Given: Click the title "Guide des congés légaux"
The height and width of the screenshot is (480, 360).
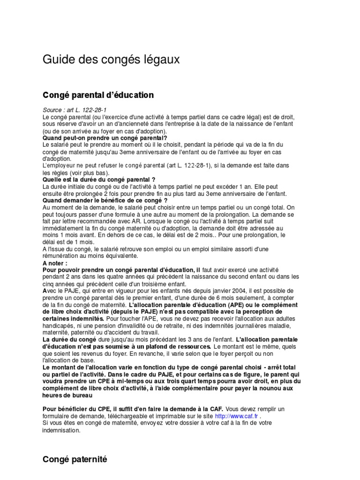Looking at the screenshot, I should coord(111,60).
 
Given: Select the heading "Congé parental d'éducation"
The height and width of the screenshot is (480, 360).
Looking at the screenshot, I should coord(98,95).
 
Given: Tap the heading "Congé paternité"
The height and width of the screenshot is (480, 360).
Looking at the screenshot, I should coord(75,459).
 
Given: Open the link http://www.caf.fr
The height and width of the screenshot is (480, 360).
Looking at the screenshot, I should coord(236,416).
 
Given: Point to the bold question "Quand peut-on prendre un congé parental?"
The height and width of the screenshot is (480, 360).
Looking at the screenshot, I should coord(105,138).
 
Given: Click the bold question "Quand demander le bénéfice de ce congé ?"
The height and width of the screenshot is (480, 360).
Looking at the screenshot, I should coord(105,200).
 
